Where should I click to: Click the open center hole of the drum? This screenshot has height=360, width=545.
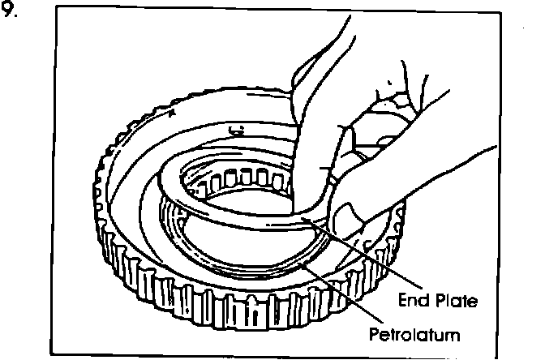click(243, 227)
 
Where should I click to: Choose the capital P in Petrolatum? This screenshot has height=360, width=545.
click(375, 332)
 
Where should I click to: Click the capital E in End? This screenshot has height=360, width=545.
click(401, 302)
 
